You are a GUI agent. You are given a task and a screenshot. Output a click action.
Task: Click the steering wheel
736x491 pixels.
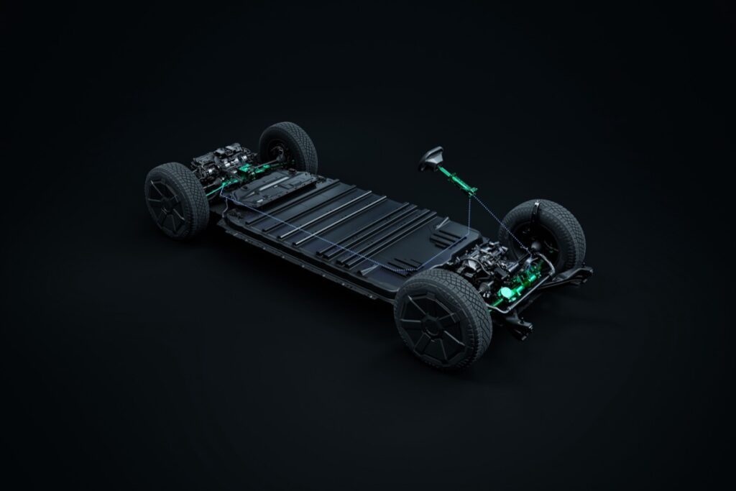432,157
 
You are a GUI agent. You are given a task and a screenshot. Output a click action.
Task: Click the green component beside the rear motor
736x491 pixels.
248,171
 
